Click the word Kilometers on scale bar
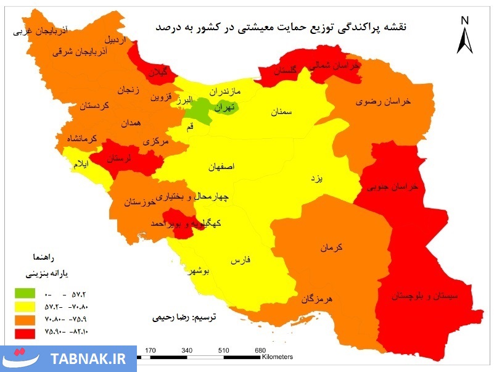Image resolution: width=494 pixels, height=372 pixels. point(277,357)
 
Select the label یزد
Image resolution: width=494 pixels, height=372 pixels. point(316,178)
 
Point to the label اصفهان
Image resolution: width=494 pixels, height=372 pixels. point(224,167)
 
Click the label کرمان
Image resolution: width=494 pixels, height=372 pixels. point(331,248)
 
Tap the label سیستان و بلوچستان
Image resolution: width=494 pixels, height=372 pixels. point(424,296)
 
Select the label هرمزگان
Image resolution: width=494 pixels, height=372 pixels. point(317,299)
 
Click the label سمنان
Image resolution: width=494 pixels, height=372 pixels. point(279,113)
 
